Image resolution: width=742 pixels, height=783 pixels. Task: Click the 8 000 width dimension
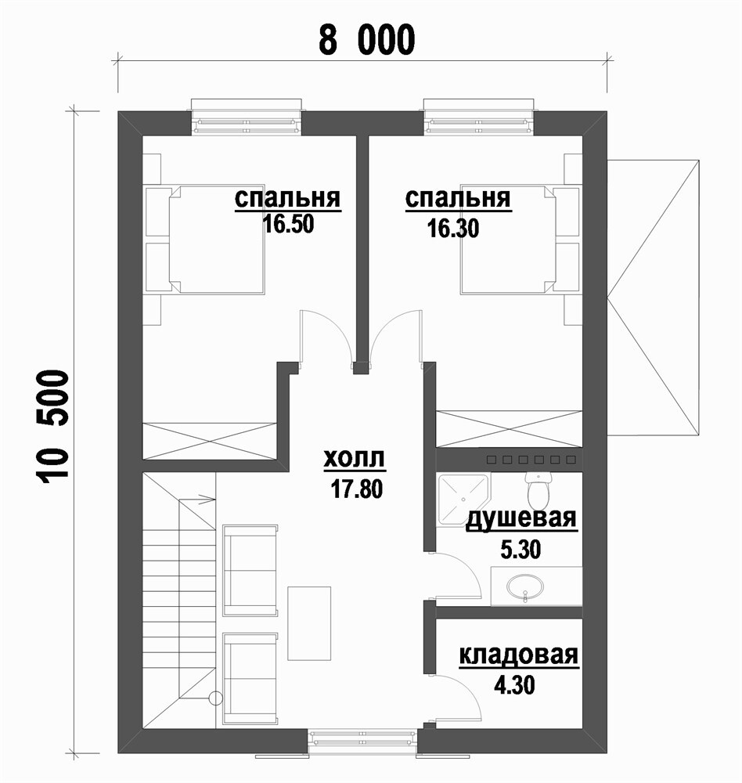[367, 39]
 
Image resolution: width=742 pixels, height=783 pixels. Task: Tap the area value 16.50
[289, 224]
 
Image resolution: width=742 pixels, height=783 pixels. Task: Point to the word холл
[355, 458]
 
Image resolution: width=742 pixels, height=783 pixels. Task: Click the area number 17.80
[356, 489]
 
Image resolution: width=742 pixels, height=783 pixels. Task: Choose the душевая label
[521, 519]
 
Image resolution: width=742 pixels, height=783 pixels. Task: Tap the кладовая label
[519, 655]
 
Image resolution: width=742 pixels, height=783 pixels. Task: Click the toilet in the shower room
[538, 489]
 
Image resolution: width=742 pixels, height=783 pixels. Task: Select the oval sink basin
[525, 586]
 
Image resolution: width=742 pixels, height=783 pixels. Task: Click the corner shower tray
[463, 499]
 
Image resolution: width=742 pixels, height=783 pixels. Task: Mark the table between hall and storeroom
[309, 623]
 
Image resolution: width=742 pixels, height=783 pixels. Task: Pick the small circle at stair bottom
[216, 698]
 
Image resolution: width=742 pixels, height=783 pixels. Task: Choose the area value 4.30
[514, 684]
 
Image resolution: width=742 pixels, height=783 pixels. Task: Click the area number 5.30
[520, 550]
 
